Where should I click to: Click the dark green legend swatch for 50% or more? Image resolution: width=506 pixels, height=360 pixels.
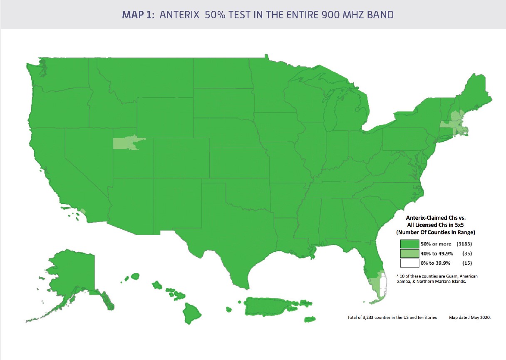(409, 243)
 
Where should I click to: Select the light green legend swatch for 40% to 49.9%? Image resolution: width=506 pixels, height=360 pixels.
(409, 253)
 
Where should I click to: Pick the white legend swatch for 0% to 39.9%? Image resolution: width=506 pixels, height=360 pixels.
(409, 263)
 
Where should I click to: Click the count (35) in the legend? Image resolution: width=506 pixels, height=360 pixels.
(467, 253)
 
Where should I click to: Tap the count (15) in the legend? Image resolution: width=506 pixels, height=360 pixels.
(467, 263)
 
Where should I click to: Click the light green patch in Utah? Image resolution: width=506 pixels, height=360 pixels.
(127, 142)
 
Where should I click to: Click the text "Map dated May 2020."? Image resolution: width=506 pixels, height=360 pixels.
(470, 318)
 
